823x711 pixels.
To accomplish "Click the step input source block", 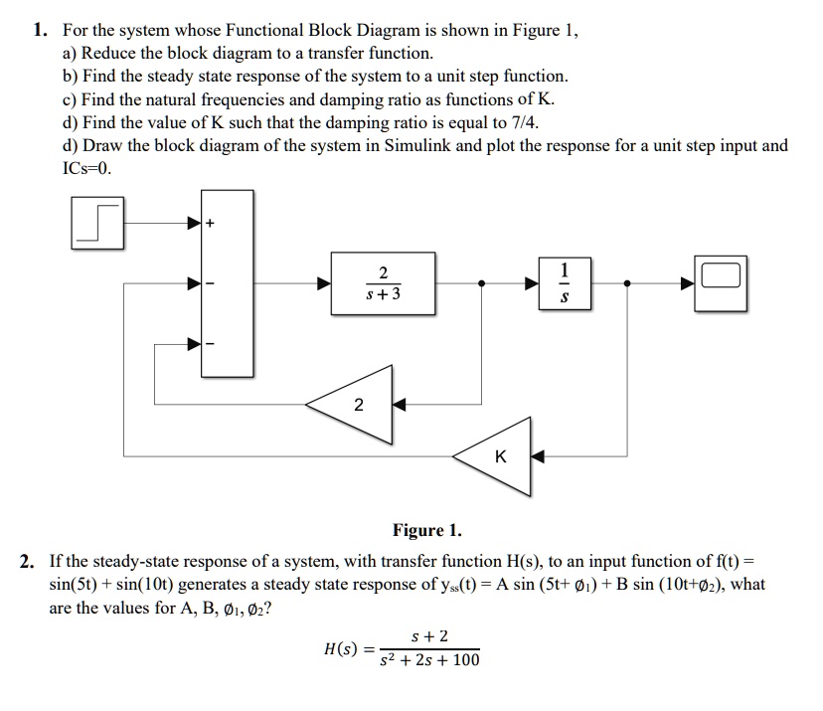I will (97, 223).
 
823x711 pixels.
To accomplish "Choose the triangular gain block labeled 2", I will (356, 404).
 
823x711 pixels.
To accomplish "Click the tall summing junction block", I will (227, 283).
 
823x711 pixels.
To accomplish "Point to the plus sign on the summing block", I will (210, 223).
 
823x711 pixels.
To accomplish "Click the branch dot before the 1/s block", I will (482, 283).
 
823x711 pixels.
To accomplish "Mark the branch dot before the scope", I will (626, 283).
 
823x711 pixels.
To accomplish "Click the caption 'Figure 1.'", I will (427, 531).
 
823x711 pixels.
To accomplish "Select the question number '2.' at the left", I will (30, 561).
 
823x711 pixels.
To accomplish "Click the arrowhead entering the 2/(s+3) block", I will (324, 283).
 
